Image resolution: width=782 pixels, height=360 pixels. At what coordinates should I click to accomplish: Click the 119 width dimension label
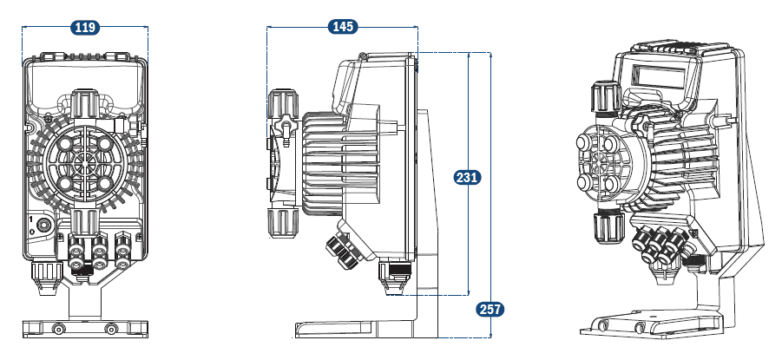[84, 28]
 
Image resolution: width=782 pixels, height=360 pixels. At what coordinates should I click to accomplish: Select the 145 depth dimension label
[343, 27]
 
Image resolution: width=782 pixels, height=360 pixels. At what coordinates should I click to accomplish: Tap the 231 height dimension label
[468, 177]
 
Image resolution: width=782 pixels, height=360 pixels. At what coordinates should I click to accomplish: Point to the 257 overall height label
[490, 309]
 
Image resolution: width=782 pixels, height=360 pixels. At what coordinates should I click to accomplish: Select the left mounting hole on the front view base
[58, 329]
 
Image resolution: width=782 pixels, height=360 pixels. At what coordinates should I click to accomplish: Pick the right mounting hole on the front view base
[110, 329]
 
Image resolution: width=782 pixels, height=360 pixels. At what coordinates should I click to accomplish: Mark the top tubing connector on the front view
[83, 102]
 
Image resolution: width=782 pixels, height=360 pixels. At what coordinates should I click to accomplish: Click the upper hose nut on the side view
[283, 106]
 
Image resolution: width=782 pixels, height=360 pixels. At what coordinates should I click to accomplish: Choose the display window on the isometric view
[664, 77]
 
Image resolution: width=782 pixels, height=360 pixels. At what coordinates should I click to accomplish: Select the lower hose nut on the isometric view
[606, 227]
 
